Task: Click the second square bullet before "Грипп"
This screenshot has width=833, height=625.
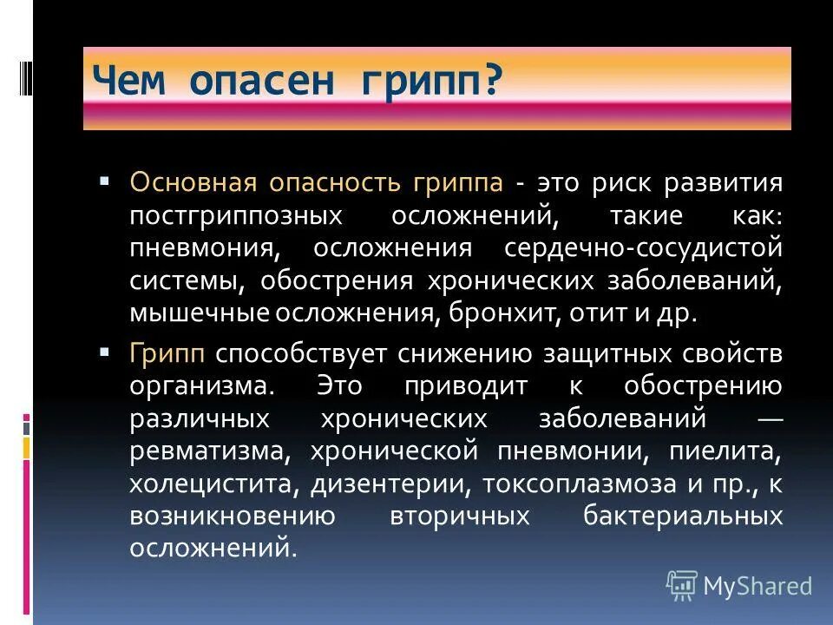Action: [x=105, y=352]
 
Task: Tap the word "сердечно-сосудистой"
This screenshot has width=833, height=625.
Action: [x=643, y=248]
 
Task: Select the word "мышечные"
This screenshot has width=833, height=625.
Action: [x=200, y=313]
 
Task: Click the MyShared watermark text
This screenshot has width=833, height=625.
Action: [x=758, y=586]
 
